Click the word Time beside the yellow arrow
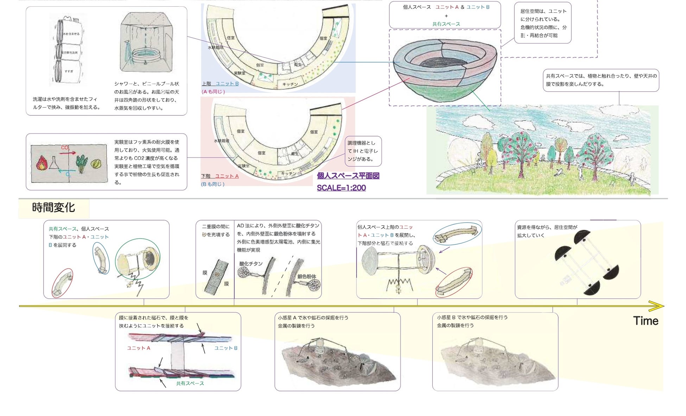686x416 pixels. pos(645,321)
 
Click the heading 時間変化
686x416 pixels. pos(53,207)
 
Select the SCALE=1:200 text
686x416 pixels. pos(341,188)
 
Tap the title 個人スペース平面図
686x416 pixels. pos(348,176)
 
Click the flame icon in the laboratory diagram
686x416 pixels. pos(42,163)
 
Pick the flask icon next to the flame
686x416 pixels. pos(54,162)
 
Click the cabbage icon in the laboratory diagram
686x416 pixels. pos(96,164)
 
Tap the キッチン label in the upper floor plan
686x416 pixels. pos(290,84)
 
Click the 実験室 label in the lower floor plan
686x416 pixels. pos(243,166)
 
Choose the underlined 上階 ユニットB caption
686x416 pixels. pos(220,84)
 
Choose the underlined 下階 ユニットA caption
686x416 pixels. pos(220,176)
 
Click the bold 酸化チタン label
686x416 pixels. pos(251,263)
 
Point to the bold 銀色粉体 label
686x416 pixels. pos(307,276)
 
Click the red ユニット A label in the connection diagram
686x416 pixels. pos(139,348)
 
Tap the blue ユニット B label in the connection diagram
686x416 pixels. pos(226,348)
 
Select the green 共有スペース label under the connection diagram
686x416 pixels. pos(190,383)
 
